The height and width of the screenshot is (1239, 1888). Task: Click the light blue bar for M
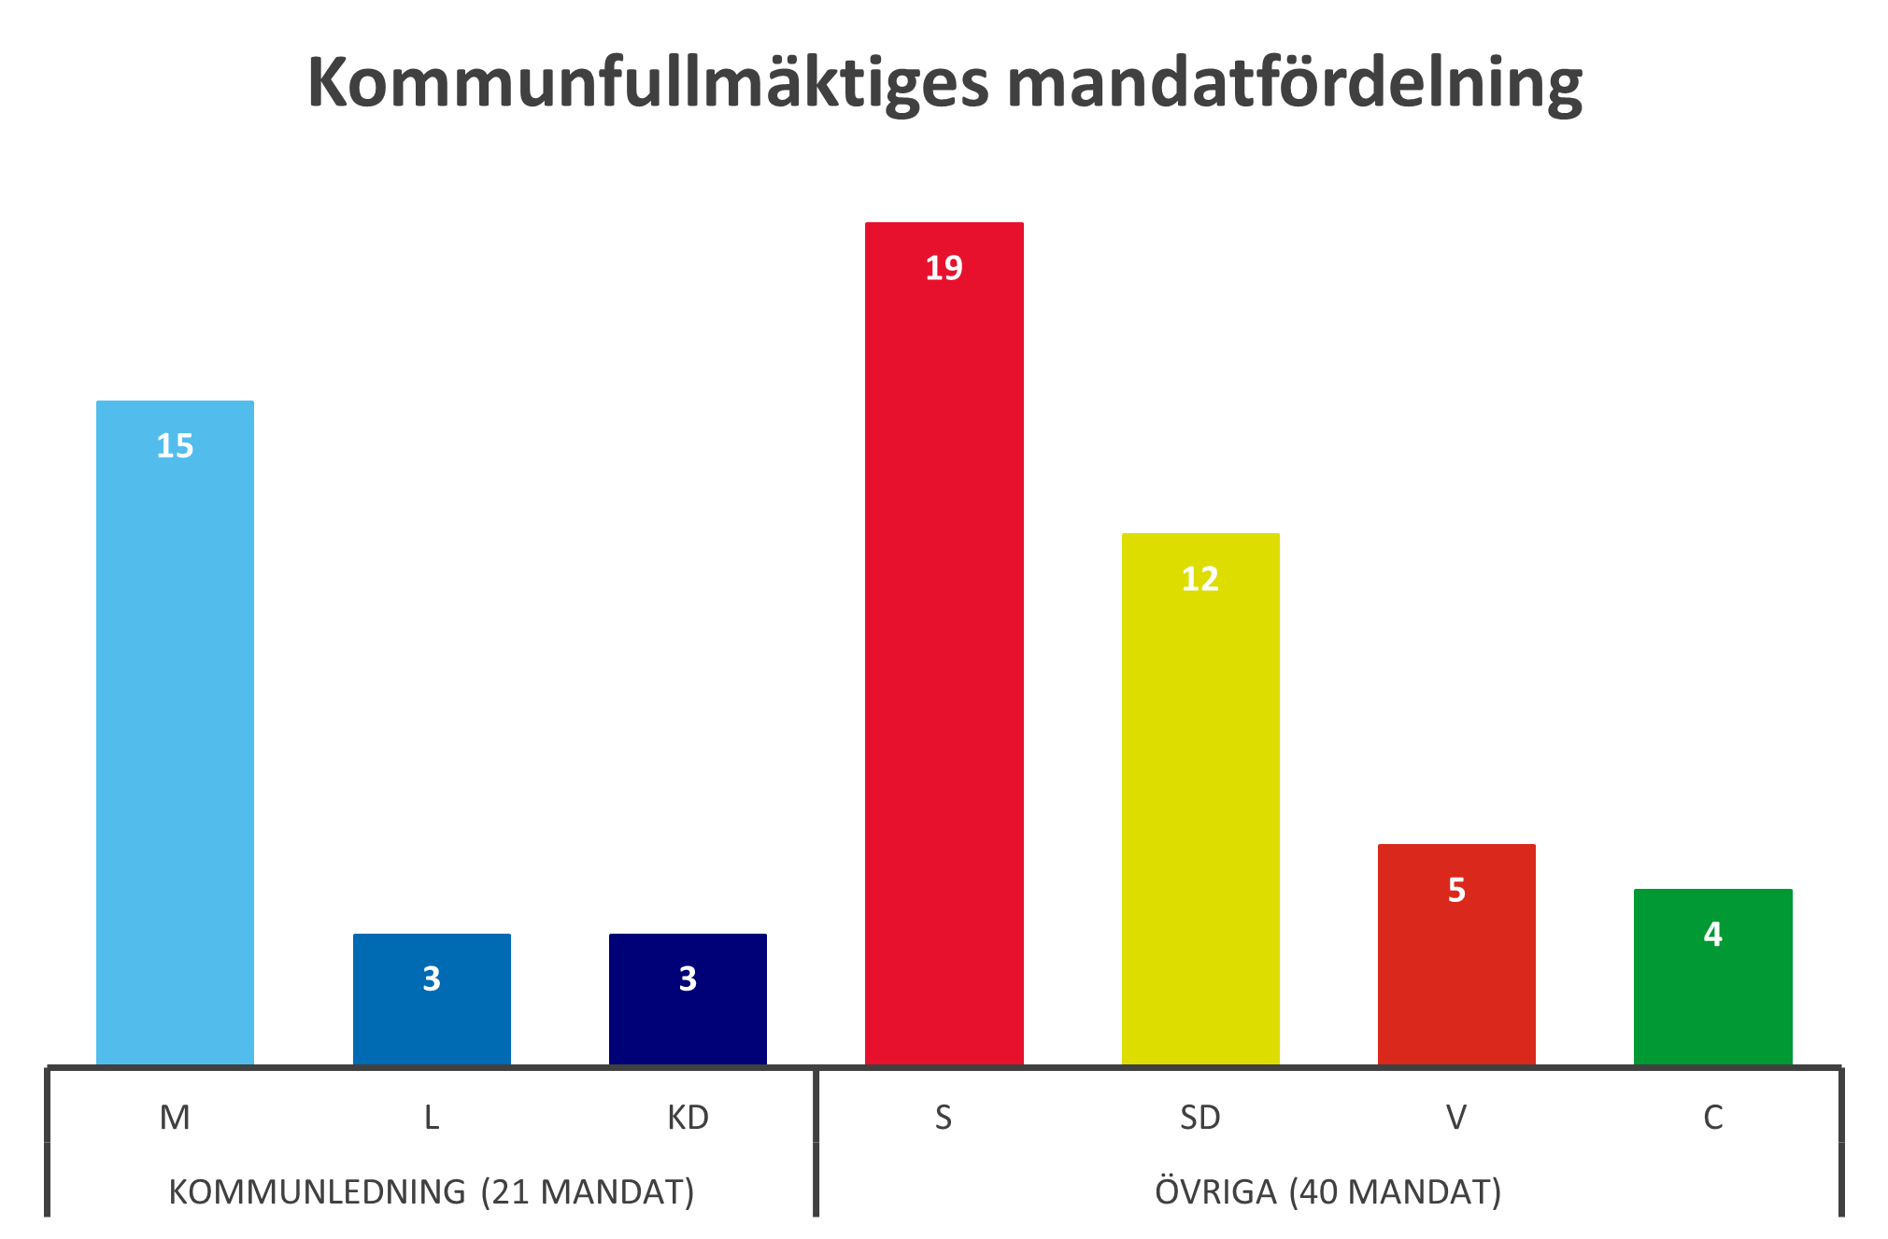(175, 747)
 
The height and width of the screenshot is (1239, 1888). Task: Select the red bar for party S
(944, 654)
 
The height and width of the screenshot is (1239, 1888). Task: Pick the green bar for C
(1712, 999)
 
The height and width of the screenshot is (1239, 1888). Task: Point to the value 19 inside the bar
(944, 269)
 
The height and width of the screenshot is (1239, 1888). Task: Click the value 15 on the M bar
(175, 446)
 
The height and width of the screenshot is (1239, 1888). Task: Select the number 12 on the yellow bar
(1200, 580)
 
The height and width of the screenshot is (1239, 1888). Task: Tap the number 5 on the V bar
(1456, 890)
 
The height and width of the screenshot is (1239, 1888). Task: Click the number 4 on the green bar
(1712, 935)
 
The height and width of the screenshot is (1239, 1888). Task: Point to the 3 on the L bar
(432, 979)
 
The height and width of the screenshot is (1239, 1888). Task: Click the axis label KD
(688, 1118)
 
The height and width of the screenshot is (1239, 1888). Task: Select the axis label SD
(1200, 1118)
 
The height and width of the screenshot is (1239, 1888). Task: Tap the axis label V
(1456, 1118)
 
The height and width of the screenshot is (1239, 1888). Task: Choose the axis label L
(432, 1118)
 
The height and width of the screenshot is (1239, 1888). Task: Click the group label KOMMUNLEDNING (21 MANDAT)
(432, 1192)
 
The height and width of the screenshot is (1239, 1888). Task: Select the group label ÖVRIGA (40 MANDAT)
(1327, 1192)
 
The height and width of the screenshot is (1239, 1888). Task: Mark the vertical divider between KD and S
(816, 1141)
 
